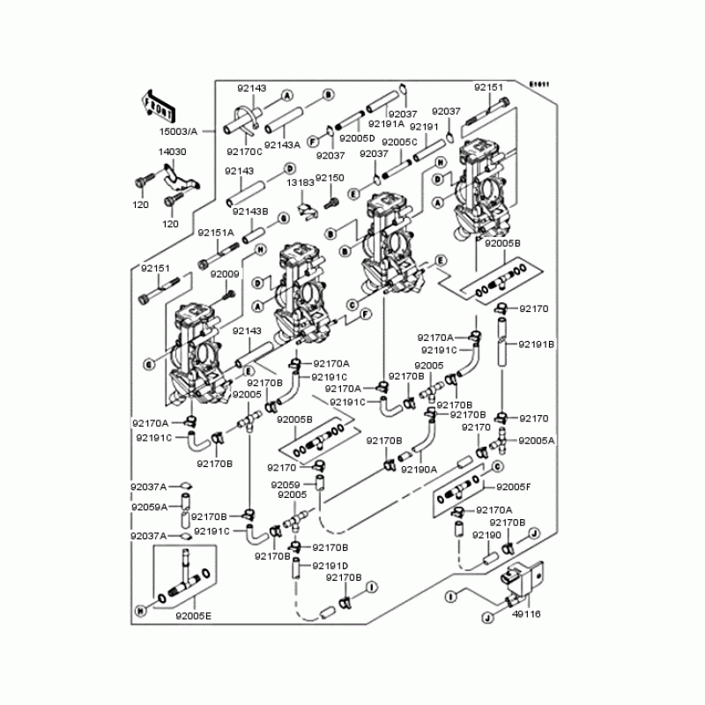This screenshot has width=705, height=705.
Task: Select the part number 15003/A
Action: pyautogui.click(x=178, y=131)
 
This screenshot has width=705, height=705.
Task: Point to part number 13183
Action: pyautogui.click(x=300, y=182)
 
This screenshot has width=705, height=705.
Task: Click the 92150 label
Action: pyautogui.click(x=330, y=178)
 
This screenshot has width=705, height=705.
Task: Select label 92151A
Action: pyautogui.click(x=215, y=233)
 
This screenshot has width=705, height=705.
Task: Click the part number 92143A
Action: pyautogui.click(x=283, y=145)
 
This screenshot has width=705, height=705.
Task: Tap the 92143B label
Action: pyautogui.click(x=251, y=211)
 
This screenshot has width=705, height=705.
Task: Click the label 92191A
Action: pyautogui.click(x=386, y=124)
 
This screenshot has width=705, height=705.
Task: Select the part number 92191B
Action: pyautogui.click(x=536, y=345)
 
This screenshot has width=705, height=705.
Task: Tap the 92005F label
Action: pyautogui.click(x=515, y=486)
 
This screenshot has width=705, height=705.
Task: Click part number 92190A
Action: pyautogui.click(x=419, y=470)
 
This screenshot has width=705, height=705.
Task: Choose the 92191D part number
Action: pyautogui.click(x=330, y=565)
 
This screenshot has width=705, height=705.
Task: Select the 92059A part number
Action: pyautogui.click(x=149, y=508)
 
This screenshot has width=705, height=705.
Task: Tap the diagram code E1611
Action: pyautogui.click(x=539, y=85)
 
